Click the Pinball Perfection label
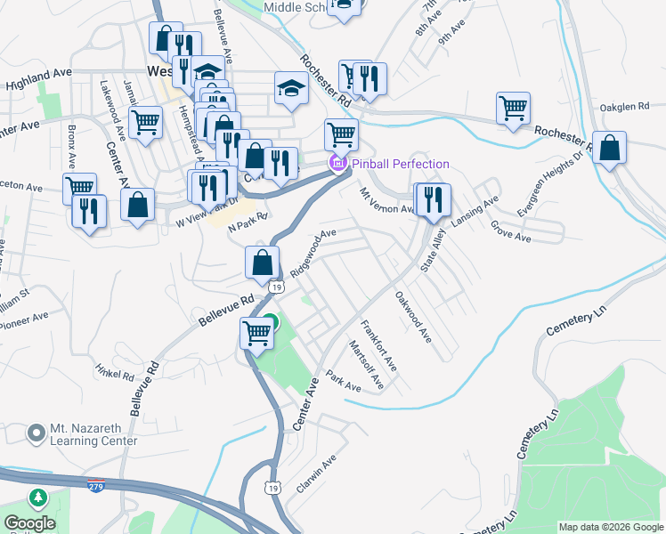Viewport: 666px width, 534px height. coord(400,164)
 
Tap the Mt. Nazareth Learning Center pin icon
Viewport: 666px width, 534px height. coord(37,433)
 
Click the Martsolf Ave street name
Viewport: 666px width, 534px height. coord(366,365)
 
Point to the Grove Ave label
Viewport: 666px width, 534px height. coord(511,231)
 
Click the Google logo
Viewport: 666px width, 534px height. coord(28,522)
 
